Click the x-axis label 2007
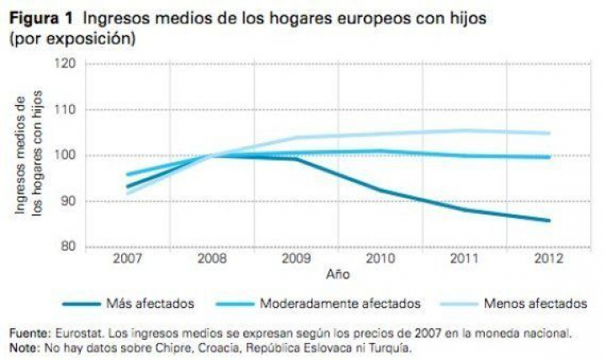coord(126,259)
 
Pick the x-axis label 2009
coord(295,259)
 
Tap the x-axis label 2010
coord(380,259)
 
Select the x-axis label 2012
coord(548,259)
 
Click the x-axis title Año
coord(337,273)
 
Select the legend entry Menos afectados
coord(531,302)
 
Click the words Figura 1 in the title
coord(41,17)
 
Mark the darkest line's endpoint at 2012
coord(548,220)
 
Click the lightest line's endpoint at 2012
coord(548,133)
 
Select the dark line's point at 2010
coord(380,190)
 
